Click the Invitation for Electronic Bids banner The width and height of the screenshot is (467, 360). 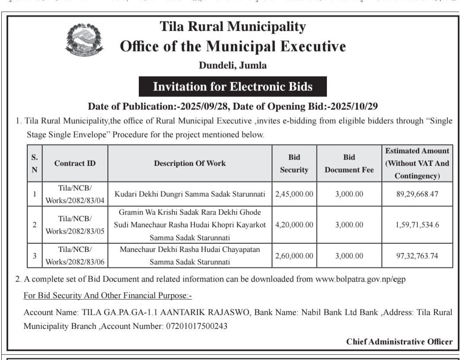(233, 86)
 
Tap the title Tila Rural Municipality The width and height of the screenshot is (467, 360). (233, 26)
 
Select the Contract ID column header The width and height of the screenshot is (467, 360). (75, 163)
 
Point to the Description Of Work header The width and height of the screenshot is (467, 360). (190, 163)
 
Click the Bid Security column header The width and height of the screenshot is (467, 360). (294, 163)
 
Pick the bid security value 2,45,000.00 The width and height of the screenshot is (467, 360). (294, 194)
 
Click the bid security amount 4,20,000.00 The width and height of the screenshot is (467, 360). (294, 225)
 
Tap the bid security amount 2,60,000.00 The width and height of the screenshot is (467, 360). (294, 256)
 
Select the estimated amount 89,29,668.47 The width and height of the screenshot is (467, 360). (417, 194)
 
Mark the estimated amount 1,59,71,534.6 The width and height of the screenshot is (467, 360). (417, 225)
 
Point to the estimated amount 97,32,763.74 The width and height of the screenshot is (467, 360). (417, 256)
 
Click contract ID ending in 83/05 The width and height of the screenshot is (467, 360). (75, 225)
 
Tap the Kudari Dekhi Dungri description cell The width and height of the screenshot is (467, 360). (190, 194)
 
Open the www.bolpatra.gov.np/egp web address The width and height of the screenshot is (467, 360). (360, 279)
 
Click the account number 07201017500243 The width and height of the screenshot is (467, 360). (197, 326)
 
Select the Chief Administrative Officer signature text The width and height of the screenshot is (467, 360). (399, 341)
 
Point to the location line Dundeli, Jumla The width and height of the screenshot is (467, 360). (233, 66)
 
